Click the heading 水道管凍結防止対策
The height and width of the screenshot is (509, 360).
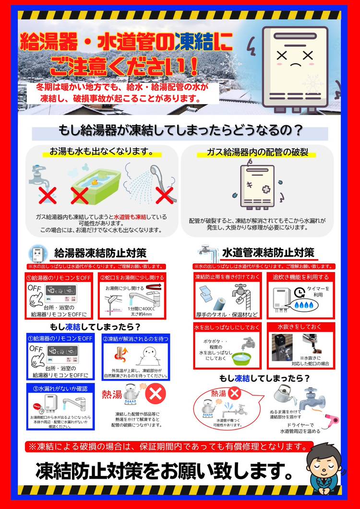click(268, 253)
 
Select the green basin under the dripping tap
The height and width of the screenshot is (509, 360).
click(243, 357)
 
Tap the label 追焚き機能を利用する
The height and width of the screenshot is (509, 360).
click(300, 277)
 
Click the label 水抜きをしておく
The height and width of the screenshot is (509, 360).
click(300, 326)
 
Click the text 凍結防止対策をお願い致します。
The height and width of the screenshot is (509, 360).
click(164, 471)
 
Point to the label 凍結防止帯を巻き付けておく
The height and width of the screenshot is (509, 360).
click(227, 277)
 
